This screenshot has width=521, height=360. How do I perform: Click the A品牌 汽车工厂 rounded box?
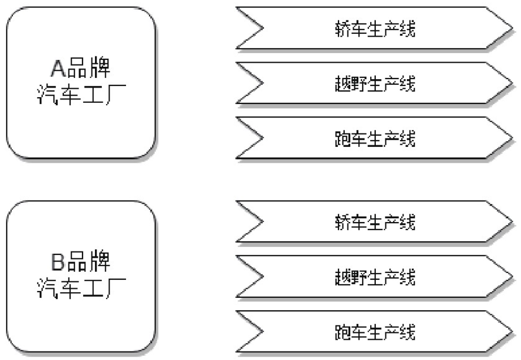(x=81, y=83)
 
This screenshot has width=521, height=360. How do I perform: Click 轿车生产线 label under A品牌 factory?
(x=375, y=29)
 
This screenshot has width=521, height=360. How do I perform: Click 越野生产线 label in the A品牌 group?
(x=375, y=84)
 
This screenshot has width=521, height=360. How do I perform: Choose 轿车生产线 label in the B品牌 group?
(x=375, y=223)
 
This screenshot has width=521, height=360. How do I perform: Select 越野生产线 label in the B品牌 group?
(x=375, y=277)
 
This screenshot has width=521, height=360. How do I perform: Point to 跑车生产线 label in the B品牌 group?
(x=375, y=332)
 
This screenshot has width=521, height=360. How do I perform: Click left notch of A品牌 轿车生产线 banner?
(x=261, y=28)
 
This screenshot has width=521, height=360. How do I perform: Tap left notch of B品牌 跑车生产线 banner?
(x=261, y=332)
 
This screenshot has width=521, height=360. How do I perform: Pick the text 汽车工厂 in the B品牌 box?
(x=81, y=289)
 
